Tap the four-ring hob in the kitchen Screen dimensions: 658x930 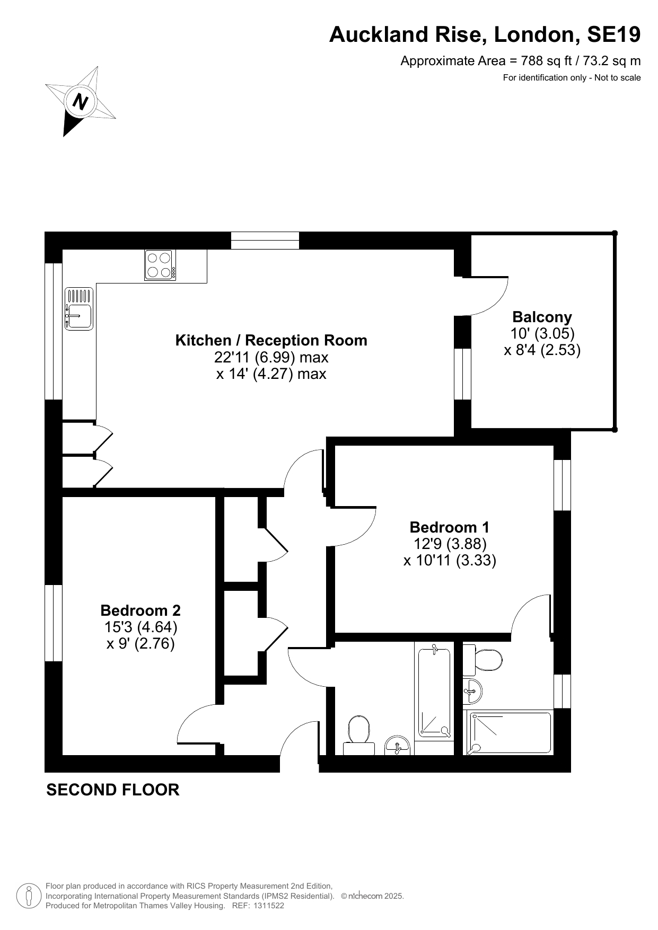[160, 265]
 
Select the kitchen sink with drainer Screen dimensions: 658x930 [79, 308]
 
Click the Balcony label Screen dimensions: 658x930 [542, 317]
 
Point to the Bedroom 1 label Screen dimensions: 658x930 [450, 527]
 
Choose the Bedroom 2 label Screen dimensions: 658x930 [141, 610]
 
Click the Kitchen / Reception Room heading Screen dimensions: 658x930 [271, 340]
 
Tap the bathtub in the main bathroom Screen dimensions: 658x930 [435, 692]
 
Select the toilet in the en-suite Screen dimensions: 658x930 [482, 660]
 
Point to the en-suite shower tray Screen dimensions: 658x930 [510, 733]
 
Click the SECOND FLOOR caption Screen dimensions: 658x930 [113, 790]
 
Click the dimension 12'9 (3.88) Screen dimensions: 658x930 [450, 544]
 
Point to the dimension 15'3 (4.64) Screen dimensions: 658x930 [141, 627]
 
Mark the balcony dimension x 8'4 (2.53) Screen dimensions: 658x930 [542, 350]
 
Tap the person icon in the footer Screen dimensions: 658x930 [29, 896]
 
